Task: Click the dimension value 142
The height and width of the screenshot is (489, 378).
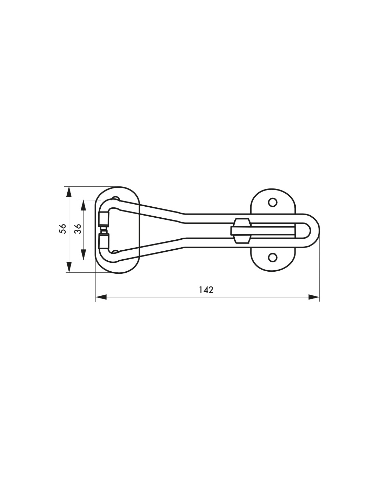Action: point(206,290)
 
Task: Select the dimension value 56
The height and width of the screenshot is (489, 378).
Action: point(63,229)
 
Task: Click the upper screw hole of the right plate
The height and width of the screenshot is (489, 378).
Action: point(273,202)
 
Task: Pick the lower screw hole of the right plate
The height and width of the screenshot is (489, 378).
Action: point(273,257)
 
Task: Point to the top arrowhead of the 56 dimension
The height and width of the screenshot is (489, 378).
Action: point(69,192)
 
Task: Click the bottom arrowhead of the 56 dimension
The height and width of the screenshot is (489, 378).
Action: point(69,267)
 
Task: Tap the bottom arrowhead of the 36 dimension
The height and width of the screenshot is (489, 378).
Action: point(84,255)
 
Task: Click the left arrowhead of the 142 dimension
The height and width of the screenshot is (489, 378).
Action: point(101,297)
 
